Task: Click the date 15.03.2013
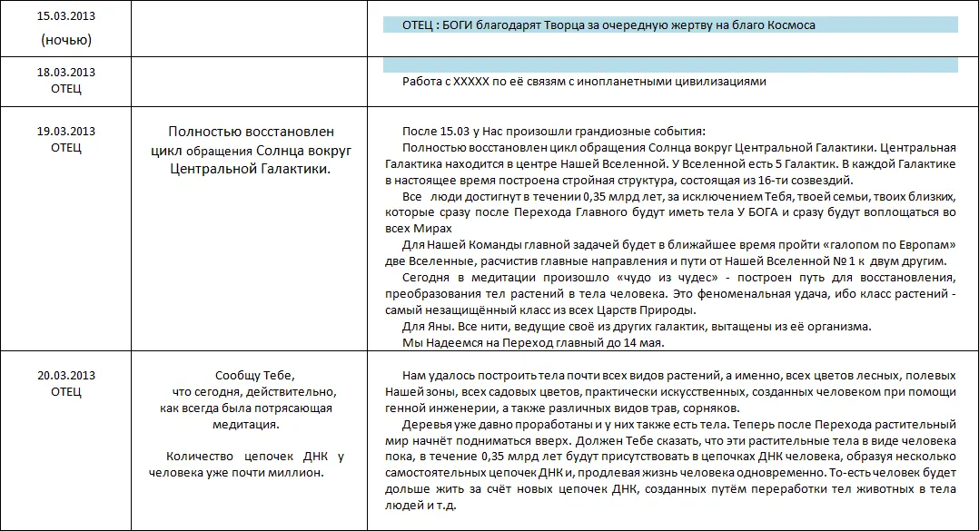click(x=66, y=17)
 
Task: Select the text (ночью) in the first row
click(x=66, y=40)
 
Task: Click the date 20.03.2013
click(x=66, y=375)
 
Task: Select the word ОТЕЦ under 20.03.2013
click(x=66, y=391)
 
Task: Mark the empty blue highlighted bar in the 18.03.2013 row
click(x=670, y=65)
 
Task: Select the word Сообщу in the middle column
click(x=235, y=375)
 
